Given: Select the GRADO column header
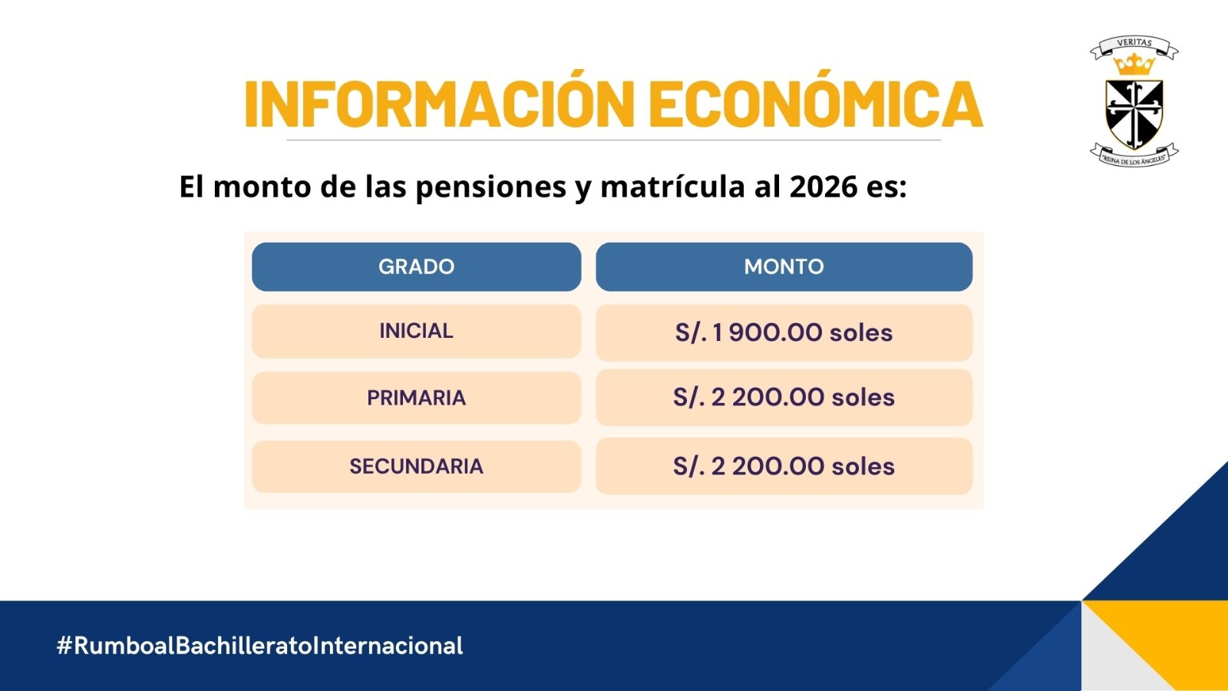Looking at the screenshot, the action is point(416,266).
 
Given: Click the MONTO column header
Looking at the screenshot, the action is point(784,266).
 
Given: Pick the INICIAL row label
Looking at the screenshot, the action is point(416,331).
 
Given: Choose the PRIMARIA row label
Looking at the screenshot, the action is point(416,398).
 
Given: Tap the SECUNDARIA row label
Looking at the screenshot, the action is point(416,466).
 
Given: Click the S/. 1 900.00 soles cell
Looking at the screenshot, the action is point(784,333).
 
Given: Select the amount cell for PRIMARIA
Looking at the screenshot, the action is point(784,398).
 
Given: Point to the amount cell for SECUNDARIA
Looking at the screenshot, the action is point(784,466).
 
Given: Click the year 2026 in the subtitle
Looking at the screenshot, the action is point(824,187).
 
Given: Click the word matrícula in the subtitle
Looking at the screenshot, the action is point(672,187).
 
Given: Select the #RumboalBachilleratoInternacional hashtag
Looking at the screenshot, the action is point(260,646).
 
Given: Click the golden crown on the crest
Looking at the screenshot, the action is point(1134,64).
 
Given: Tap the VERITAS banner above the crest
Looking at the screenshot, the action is point(1134,46).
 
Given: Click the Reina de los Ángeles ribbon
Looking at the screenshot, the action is point(1134,154).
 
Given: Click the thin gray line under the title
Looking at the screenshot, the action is point(613,140).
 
